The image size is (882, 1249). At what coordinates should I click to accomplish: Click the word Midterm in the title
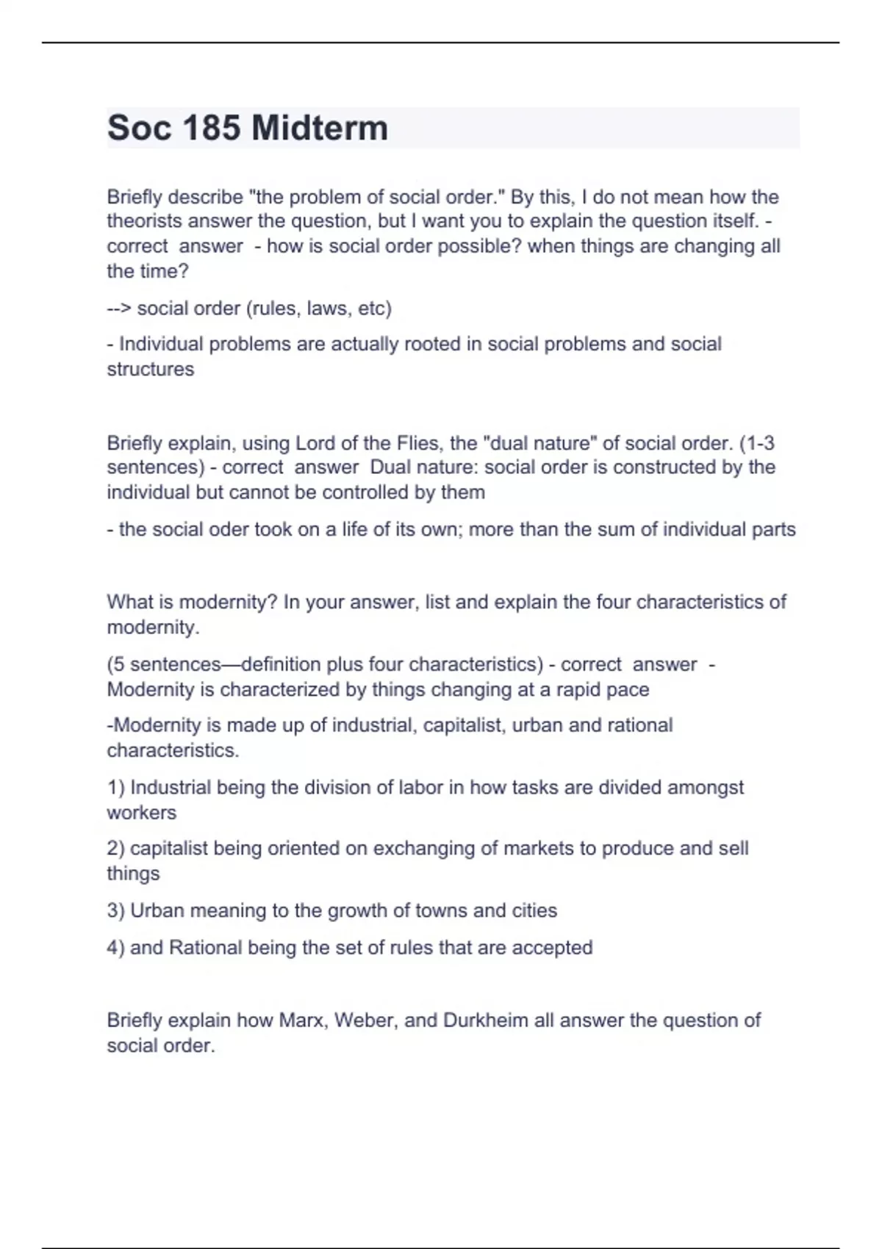tap(319, 128)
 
